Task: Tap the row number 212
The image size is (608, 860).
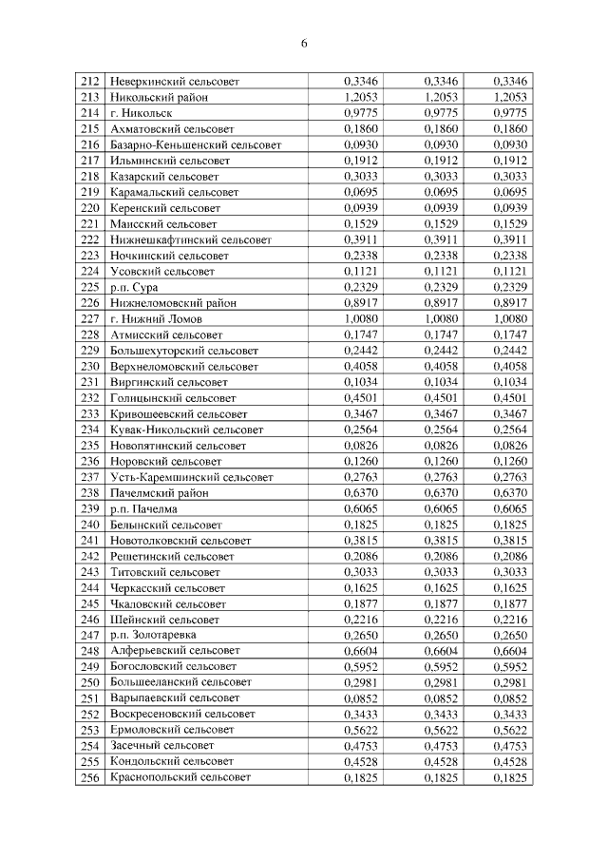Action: tap(90, 82)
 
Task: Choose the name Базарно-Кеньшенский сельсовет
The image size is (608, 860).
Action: tap(196, 144)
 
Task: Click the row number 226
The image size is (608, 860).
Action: tap(90, 303)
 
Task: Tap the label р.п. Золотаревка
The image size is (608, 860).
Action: tap(156, 636)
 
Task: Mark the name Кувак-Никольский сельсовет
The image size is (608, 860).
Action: tap(187, 430)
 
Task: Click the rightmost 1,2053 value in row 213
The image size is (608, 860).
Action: tap(510, 97)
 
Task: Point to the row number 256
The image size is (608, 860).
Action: tap(90, 778)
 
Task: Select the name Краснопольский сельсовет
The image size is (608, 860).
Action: tap(180, 778)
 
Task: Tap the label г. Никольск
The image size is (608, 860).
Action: tap(141, 113)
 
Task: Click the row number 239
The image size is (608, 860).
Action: tap(90, 509)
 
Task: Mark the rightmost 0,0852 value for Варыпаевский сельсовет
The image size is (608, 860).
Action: tap(510, 698)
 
